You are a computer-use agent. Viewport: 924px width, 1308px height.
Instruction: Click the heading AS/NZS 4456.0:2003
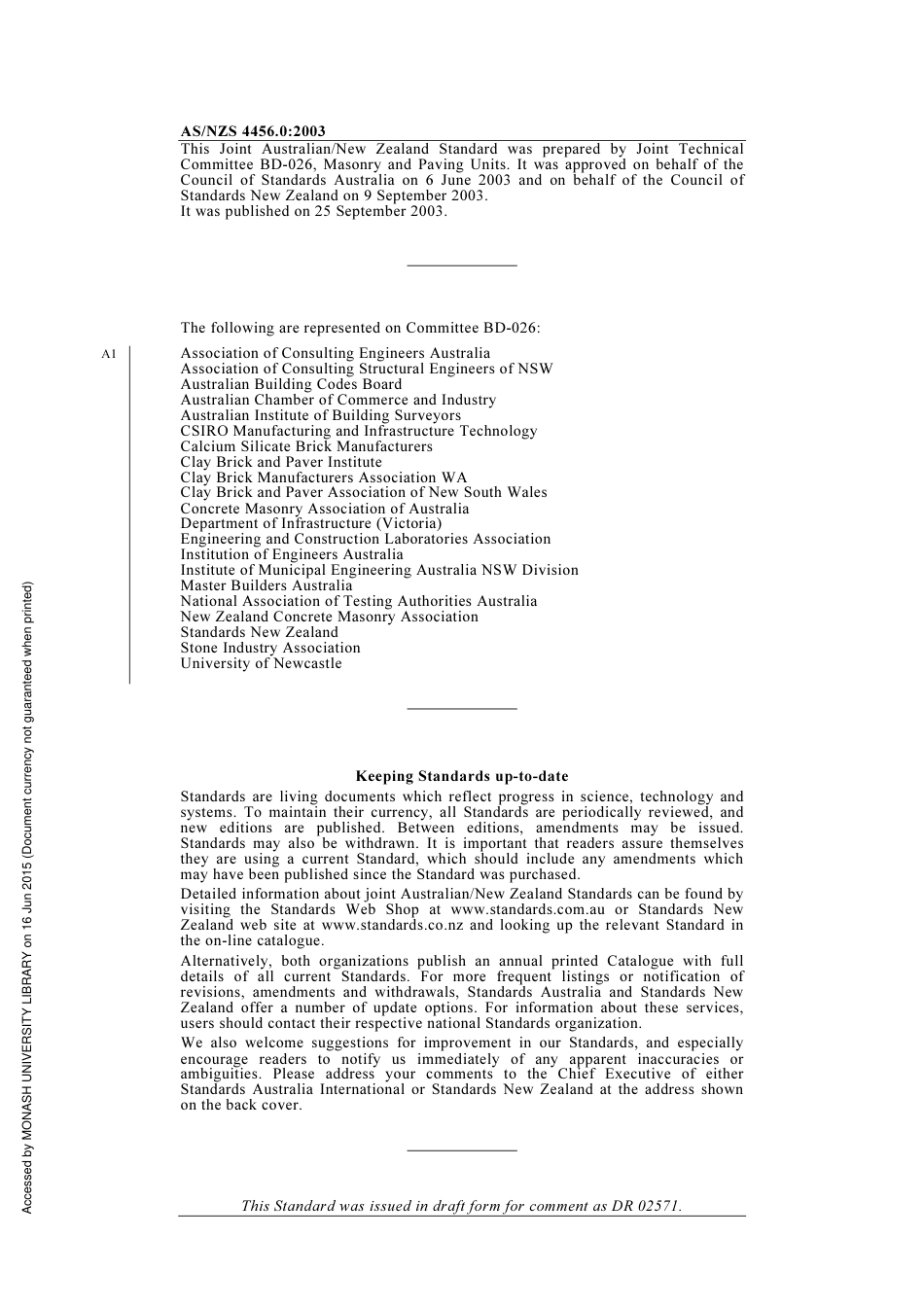pyautogui.click(x=253, y=131)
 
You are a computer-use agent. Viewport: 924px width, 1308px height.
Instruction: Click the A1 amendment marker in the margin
pyautogui.click(x=108, y=354)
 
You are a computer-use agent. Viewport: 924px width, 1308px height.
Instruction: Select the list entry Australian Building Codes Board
pyautogui.click(x=291, y=384)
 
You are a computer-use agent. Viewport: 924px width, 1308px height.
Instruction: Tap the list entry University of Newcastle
pyautogui.click(x=261, y=663)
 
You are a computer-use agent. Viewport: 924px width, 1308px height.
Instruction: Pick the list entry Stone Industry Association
pyautogui.click(x=270, y=648)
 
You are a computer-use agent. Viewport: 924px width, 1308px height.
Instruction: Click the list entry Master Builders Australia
pyautogui.click(x=267, y=585)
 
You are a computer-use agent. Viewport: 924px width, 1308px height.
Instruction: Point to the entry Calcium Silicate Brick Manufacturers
pyautogui.click(x=306, y=446)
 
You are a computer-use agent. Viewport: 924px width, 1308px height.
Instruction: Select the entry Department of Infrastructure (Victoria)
pyautogui.click(x=310, y=523)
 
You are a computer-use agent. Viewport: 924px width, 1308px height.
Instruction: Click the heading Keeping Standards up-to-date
pyautogui.click(x=462, y=776)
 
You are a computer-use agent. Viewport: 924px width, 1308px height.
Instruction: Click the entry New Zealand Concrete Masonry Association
pyautogui.click(x=329, y=617)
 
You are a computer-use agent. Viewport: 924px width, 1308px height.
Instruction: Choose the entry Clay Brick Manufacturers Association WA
pyautogui.click(x=323, y=477)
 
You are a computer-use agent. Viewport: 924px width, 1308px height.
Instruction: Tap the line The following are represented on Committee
pyautogui.click(x=360, y=328)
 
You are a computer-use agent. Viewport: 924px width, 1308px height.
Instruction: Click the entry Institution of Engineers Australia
pyautogui.click(x=291, y=554)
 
